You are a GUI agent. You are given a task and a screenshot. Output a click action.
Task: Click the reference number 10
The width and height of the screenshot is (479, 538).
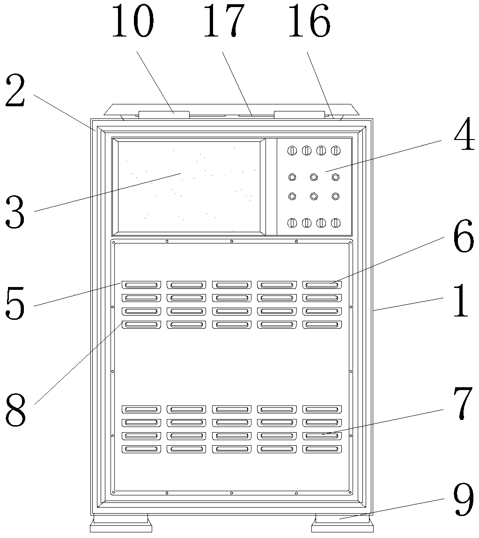(133, 22)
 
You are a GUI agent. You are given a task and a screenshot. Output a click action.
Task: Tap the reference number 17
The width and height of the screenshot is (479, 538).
(224, 22)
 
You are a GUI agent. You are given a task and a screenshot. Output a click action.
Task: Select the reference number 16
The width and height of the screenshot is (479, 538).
(309, 22)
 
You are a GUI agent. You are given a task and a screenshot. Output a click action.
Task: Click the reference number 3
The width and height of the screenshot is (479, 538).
(15, 213)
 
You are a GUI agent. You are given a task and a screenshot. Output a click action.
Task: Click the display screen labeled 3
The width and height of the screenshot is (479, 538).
(190, 187)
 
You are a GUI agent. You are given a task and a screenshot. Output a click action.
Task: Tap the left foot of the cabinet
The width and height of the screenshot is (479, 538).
(121, 523)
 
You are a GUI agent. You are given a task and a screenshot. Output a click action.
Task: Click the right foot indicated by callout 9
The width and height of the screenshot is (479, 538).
(343, 523)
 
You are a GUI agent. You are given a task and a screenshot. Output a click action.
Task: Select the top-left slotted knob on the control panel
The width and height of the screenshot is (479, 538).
(292, 150)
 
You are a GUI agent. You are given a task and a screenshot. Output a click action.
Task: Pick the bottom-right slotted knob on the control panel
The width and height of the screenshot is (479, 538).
(335, 223)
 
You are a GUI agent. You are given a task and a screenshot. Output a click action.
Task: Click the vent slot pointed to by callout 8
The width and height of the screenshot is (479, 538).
(141, 324)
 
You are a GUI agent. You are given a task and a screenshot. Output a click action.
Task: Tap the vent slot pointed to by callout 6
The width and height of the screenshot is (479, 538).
(322, 284)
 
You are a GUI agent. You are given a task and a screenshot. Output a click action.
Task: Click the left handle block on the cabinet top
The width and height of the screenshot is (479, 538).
(164, 114)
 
